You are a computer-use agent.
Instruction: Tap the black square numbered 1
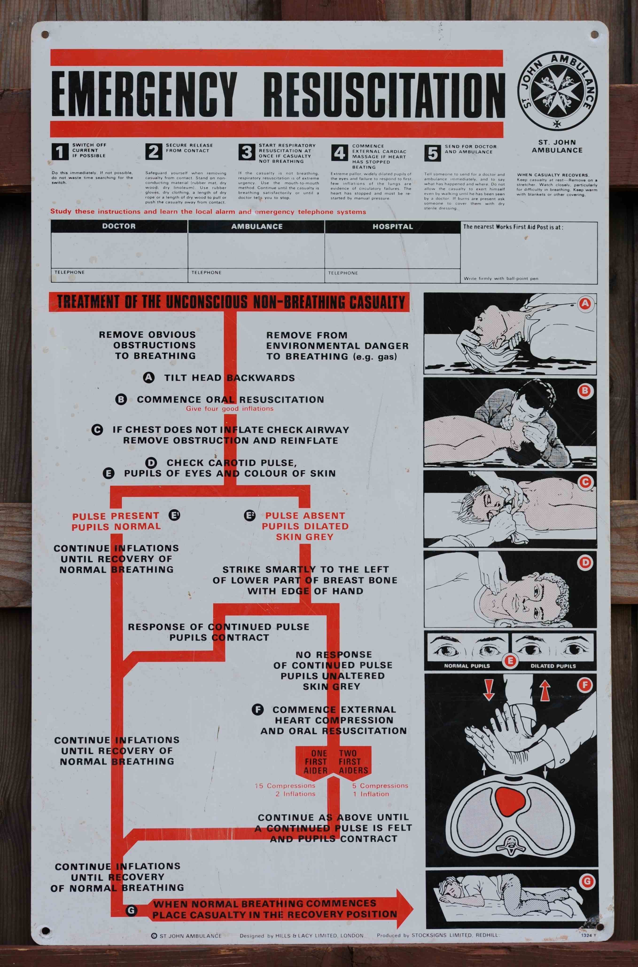click(x=60, y=152)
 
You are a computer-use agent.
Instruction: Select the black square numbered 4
click(x=339, y=153)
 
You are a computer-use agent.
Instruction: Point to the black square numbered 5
click(x=432, y=153)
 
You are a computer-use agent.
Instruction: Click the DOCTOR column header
click(x=119, y=226)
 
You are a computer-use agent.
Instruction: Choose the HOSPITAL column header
click(x=393, y=226)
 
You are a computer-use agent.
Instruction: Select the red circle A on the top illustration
click(x=585, y=303)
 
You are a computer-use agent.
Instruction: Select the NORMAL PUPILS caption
click(x=467, y=666)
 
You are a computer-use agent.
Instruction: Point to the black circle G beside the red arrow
click(x=131, y=910)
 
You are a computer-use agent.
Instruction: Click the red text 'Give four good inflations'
click(x=230, y=408)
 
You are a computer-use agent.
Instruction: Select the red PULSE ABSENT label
click(x=305, y=516)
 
